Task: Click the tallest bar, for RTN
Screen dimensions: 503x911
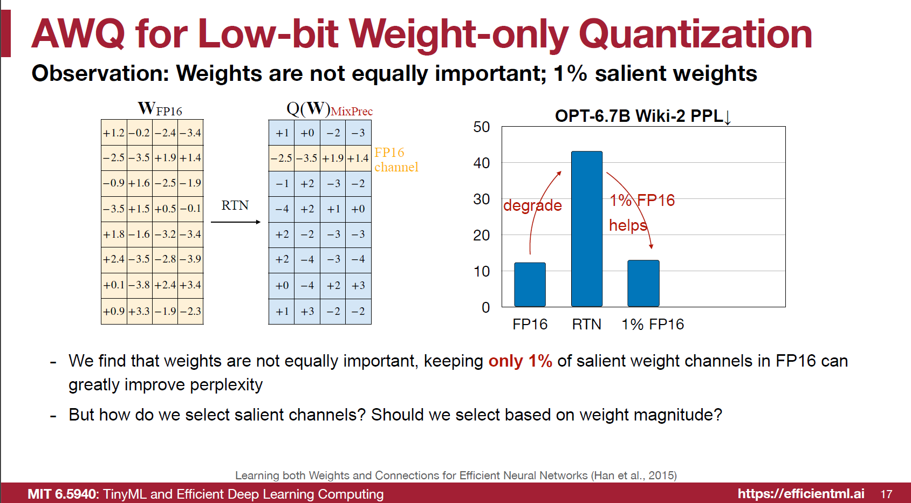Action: pos(586,229)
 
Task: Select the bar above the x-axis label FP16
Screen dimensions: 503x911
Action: pos(530,285)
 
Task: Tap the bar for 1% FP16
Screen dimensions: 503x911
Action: pos(643,284)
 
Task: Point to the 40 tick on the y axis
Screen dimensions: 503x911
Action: pos(481,163)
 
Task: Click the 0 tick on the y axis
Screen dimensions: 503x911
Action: pos(485,307)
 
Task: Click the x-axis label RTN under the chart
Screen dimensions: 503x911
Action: pos(586,324)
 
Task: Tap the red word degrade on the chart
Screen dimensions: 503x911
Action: pos(532,205)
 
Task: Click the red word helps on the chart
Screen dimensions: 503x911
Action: pos(627,225)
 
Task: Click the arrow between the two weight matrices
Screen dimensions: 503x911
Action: pos(235,222)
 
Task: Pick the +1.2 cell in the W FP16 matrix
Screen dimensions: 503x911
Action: pos(114,133)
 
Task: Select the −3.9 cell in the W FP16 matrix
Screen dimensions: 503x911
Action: pos(190,259)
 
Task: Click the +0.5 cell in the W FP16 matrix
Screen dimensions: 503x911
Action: pos(165,209)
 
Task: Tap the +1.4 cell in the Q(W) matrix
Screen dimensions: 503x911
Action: pos(358,159)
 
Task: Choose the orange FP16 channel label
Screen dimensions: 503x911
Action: pos(395,160)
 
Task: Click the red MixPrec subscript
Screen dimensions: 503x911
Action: pos(351,112)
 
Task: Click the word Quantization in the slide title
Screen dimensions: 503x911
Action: pos(695,33)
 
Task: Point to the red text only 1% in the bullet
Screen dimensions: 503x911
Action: pos(520,361)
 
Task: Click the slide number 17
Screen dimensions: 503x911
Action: pos(886,494)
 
